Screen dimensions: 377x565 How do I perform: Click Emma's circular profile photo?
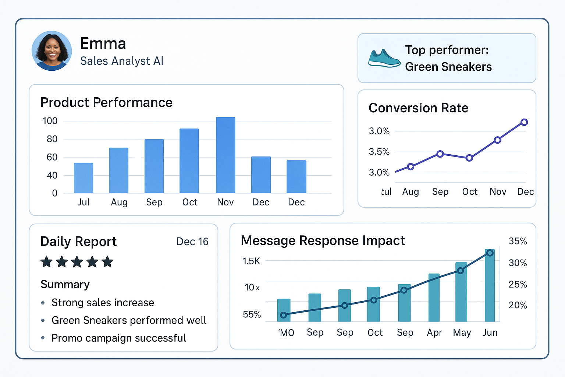[x=52, y=51]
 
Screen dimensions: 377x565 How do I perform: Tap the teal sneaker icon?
[x=384, y=59]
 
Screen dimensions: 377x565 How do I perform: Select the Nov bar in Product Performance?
[x=225, y=155]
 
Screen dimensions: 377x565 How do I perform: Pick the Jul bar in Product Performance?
[x=83, y=178]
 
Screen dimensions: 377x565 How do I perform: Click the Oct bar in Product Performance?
[x=189, y=161]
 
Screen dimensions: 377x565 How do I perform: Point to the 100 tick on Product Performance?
[x=50, y=121]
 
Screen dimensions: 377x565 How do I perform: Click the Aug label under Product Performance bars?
[x=119, y=202]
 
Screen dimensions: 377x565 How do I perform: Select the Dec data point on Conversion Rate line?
[x=525, y=122]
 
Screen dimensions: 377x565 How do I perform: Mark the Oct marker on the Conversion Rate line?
[x=469, y=158]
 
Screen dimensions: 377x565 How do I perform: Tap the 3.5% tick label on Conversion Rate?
[x=379, y=152]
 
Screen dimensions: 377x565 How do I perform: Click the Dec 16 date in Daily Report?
[x=192, y=242]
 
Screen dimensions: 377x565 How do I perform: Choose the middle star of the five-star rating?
[x=77, y=262]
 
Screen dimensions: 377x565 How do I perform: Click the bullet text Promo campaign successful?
[x=118, y=338]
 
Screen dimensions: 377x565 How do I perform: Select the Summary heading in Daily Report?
[x=65, y=285]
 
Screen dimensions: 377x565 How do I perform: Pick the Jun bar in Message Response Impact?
[x=490, y=285]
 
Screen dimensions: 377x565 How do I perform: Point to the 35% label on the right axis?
[x=518, y=241]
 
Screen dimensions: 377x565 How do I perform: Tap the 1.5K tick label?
[x=251, y=261]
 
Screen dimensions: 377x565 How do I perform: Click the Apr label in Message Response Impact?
[x=434, y=332]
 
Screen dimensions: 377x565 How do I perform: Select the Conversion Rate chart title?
[x=418, y=108]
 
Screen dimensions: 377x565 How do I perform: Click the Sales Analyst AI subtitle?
[x=122, y=61]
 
